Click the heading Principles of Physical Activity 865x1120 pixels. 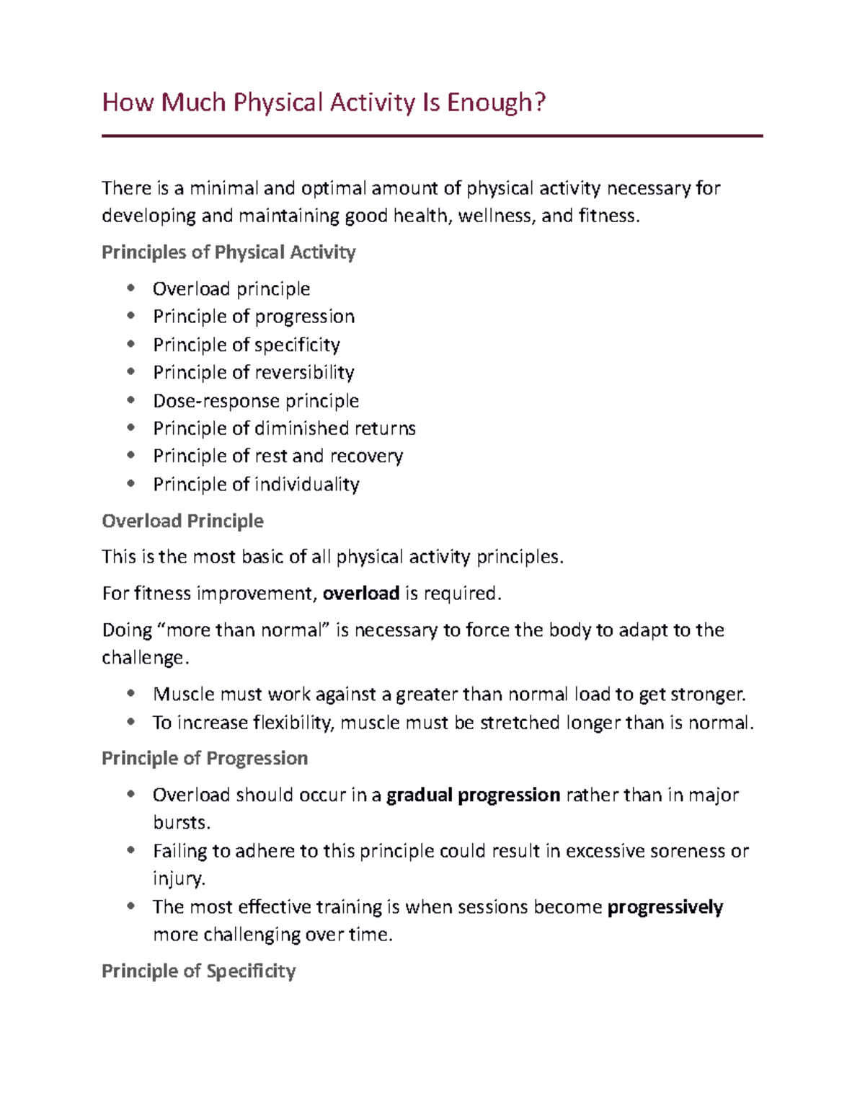click(229, 252)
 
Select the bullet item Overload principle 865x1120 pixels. click(231, 289)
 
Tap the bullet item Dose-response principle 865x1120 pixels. click(256, 401)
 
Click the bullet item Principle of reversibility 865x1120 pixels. click(254, 373)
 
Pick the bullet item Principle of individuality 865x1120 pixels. click(256, 485)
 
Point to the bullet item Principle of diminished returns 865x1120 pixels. click(284, 428)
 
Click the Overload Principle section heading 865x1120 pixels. click(182, 521)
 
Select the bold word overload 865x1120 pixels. click(360, 594)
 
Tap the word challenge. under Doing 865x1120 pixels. click(145, 658)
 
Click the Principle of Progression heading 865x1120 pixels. click(205, 759)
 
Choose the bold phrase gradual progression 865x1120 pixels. click(473, 795)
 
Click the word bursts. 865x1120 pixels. click(181, 823)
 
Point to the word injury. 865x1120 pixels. click(179, 879)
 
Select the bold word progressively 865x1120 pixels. click(665, 907)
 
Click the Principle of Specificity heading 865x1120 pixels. click(198, 971)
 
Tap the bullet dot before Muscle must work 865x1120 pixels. click(130, 694)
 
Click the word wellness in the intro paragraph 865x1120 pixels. click(494, 216)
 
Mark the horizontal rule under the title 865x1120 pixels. click(432, 136)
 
